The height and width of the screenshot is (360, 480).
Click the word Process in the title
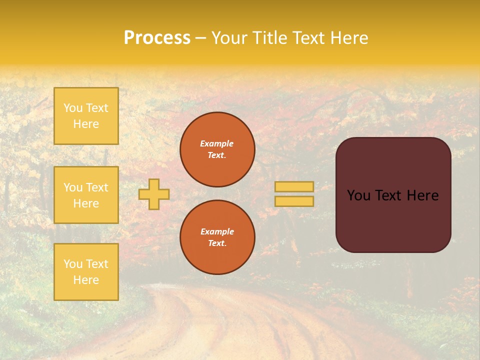click(157, 38)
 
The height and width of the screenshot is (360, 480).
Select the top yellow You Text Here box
click(86, 116)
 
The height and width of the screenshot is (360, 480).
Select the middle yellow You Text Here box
click(86, 195)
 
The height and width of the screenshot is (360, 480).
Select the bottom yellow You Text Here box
click(86, 272)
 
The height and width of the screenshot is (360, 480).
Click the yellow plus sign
click(154, 194)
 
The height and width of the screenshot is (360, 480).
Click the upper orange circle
click(217, 149)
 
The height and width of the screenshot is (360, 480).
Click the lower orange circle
click(217, 237)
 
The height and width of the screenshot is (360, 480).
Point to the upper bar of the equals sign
click(294, 186)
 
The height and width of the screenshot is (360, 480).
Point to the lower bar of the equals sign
click(294, 201)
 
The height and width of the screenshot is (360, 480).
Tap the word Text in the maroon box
click(391, 195)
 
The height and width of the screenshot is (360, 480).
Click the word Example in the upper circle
click(217, 143)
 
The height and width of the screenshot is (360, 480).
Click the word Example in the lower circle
click(217, 231)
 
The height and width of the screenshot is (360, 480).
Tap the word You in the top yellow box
click(73, 108)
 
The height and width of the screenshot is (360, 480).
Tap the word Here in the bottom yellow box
click(86, 280)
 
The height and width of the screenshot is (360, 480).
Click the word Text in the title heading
click(307, 38)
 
